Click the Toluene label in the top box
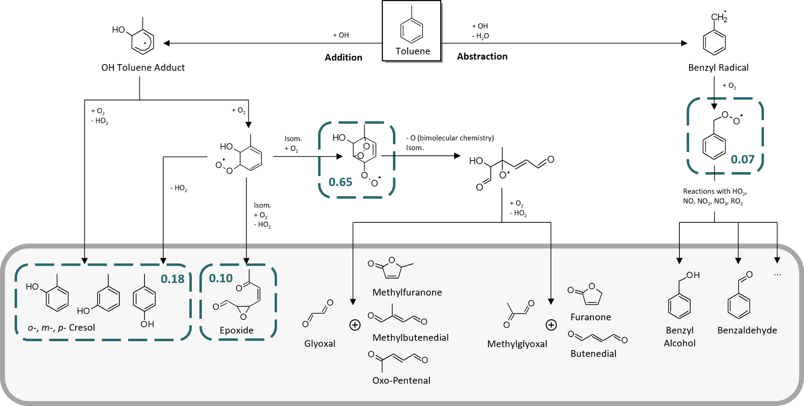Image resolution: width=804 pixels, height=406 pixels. click(x=413, y=51)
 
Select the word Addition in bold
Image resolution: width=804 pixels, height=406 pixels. click(x=343, y=57)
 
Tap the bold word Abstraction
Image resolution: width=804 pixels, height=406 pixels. click(x=482, y=57)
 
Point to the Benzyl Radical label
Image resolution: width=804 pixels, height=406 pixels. click(x=718, y=68)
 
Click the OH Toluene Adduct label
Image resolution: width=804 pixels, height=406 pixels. click(x=143, y=68)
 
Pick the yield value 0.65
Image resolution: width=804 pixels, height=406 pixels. click(x=340, y=182)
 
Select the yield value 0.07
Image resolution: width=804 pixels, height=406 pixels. click(x=742, y=159)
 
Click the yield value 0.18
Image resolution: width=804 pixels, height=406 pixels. click(x=172, y=279)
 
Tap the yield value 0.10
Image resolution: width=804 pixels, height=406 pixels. click(x=221, y=278)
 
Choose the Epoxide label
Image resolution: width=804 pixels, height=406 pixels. click(x=236, y=330)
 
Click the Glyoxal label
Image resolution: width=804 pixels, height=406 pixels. click(x=320, y=343)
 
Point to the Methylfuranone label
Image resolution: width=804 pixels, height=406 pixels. click(x=407, y=292)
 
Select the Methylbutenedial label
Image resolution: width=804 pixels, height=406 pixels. click(x=410, y=338)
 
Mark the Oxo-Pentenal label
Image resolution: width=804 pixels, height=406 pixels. click(x=401, y=381)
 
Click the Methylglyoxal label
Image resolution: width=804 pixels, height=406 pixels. click(x=517, y=344)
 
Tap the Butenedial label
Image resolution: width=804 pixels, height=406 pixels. click(x=593, y=354)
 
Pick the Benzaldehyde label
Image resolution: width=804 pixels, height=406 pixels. click(x=747, y=330)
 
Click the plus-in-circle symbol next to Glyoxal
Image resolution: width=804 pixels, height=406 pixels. click(x=355, y=325)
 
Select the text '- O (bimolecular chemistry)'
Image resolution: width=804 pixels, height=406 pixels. click(x=450, y=138)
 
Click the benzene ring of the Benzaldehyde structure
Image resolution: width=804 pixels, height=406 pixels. click(x=739, y=306)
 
